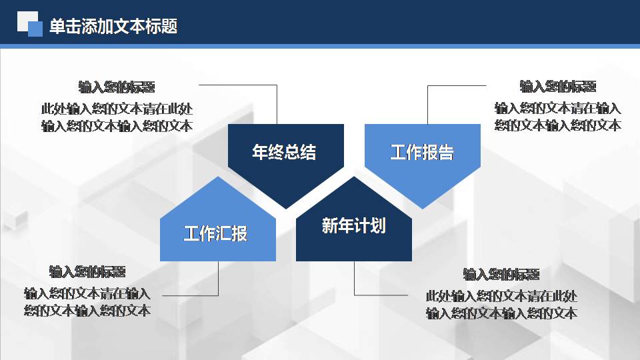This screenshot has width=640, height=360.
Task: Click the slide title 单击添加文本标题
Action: pos(113,27)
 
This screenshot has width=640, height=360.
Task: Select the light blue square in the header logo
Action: pos(35,29)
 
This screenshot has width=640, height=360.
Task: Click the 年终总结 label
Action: pos(285,152)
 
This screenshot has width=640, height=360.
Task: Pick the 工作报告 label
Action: pos(422,152)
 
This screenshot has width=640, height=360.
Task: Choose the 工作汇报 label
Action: pos(216,233)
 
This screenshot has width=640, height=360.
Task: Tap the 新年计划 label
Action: pos(353,226)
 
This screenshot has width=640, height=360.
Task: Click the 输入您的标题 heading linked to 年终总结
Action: pos(117,87)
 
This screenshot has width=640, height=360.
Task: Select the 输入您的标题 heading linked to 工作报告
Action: pos(558,87)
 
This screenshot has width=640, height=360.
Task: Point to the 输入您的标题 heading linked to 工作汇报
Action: pos(87,272)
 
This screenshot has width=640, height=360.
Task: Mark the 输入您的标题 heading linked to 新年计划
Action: pos(501,275)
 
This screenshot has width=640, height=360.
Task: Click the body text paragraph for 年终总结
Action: pos(117,117)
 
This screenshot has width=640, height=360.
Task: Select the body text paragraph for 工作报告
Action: pos(558,117)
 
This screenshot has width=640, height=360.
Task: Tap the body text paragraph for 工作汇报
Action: pos(87,301)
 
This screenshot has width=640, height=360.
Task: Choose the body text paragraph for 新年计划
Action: pos(501,305)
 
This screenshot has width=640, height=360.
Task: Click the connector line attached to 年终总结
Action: pos(277,103)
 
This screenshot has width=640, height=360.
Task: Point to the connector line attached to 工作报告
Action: pos(427,103)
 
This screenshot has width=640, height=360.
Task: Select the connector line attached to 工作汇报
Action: pos(218,280)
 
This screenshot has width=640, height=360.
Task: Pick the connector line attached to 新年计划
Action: pos(354,280)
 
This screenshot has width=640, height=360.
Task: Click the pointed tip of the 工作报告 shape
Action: pos(422,207)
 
